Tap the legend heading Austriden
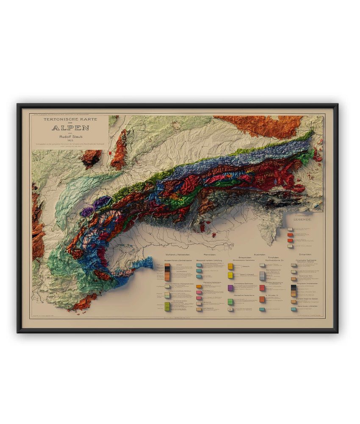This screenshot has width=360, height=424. (260, 254)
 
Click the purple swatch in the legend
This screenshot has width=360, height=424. (231, 287)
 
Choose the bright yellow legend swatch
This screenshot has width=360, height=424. (231, 275)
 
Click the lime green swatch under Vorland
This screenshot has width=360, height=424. (168, 305)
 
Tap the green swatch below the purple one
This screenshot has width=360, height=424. (231, 301)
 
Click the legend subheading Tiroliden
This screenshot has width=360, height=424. (271, 257)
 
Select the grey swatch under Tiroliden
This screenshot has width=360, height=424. (262, 275)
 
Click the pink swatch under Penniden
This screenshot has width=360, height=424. (199, 293)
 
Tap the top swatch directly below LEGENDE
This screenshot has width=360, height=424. (290, 229)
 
